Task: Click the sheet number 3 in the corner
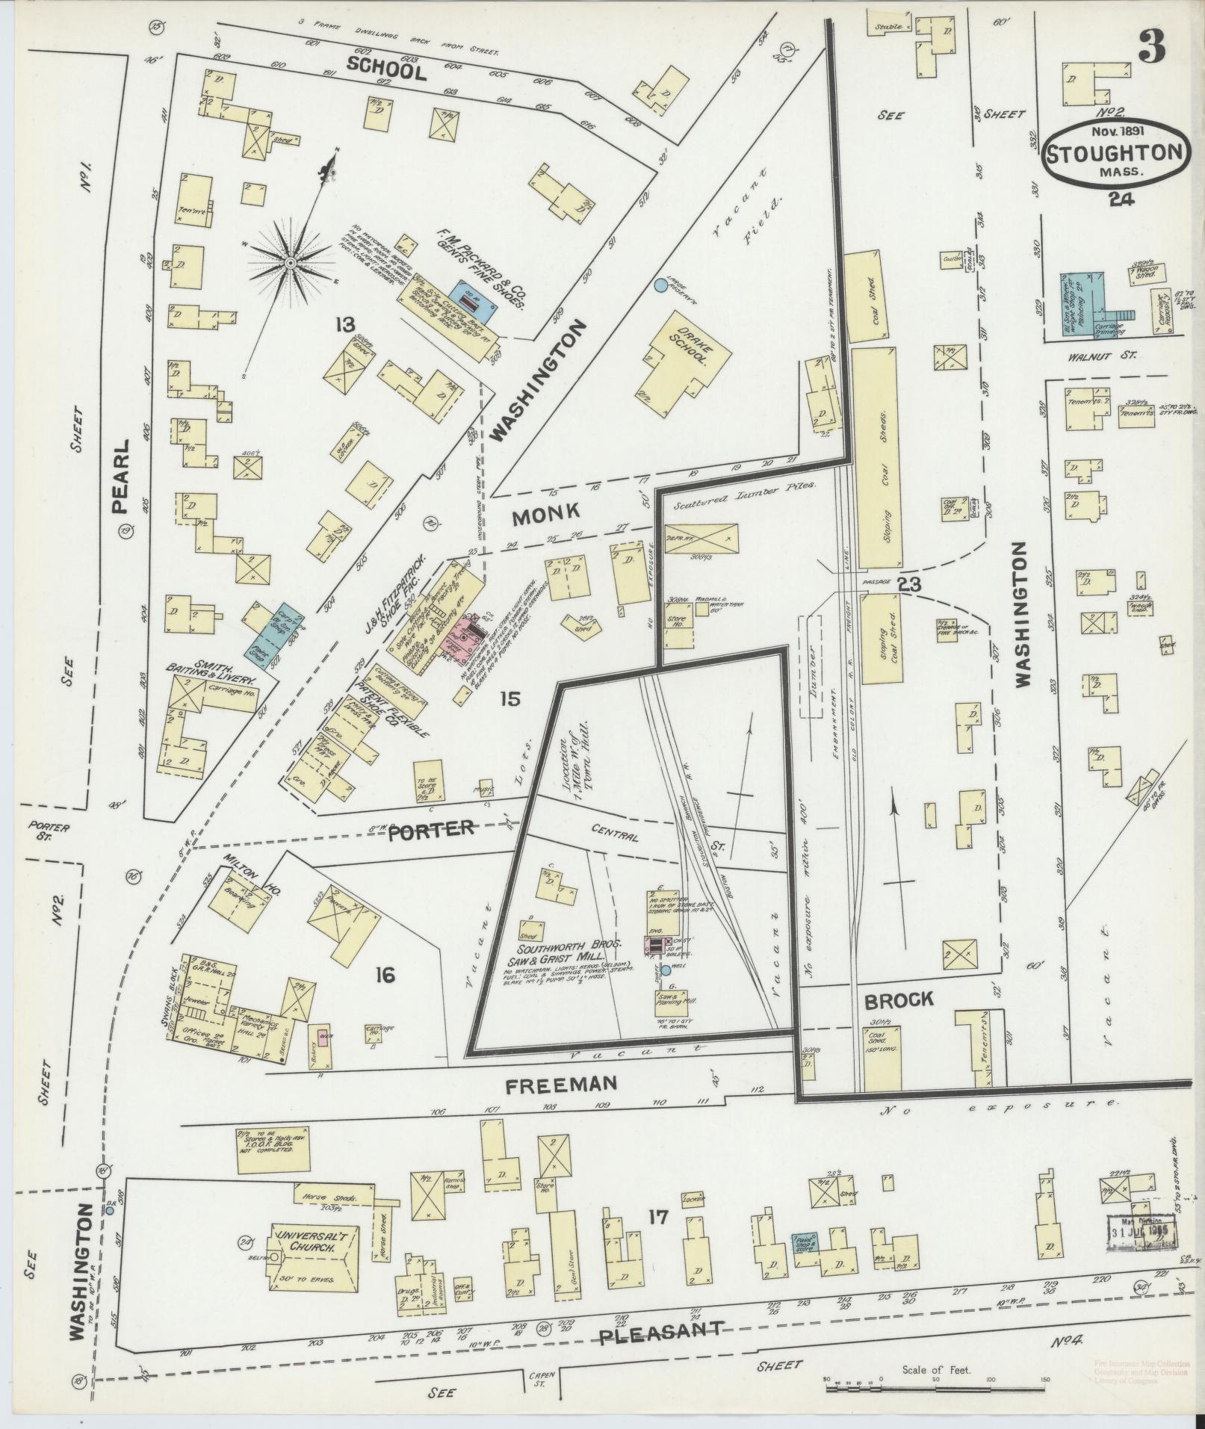(x=1150, y=46)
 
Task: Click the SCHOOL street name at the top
(x=386, y=70)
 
